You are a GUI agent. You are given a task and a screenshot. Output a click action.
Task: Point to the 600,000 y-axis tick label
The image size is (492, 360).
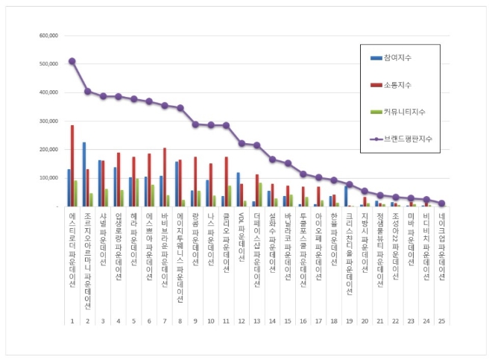pyautogui.click(x=48, y=35)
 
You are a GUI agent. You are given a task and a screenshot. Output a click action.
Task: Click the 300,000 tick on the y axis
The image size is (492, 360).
pyautogui.click(x=48, y=121)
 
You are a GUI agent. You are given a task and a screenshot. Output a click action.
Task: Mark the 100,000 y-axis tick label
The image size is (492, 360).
pyautogui.click(x=48, y=178)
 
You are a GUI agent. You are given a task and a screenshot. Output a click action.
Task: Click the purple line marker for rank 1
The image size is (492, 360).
pyautogui.click(x=72, y=61)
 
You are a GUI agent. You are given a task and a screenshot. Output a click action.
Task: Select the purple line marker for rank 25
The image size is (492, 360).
pyautogui.click(x=441, y=203)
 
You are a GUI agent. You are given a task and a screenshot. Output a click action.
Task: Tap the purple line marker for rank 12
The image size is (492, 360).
pyautogui.click(x=242, y=143)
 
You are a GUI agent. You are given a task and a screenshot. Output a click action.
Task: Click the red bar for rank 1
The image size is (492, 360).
pyautogui.click(x=72, y=165)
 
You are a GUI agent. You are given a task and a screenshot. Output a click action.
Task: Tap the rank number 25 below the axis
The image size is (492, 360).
pyautogui.click(x=441, y=321)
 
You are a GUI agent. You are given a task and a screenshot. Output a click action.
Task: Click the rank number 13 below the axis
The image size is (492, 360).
pyautogui.click(x=257, y=321)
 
